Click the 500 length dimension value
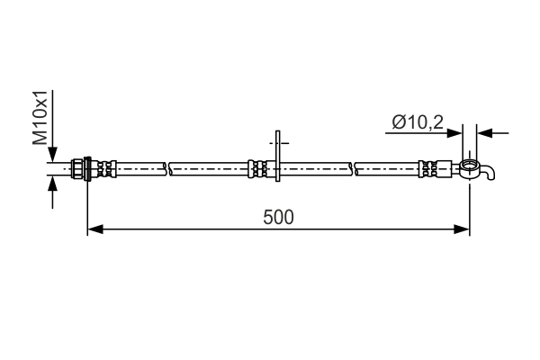(279, 217)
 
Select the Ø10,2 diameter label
(418, 122)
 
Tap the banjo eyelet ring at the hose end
(469, 166)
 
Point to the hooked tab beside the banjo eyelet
(487, 171)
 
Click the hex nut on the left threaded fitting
(86, 168)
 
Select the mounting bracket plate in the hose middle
(278, 159)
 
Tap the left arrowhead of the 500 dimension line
(94, 229)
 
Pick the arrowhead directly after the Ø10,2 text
(455, 132)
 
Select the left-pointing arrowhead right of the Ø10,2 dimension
(483, 132)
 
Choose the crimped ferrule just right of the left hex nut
(104, 168)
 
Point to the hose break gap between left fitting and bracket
(168, 167)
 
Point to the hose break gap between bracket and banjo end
(353, 167)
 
